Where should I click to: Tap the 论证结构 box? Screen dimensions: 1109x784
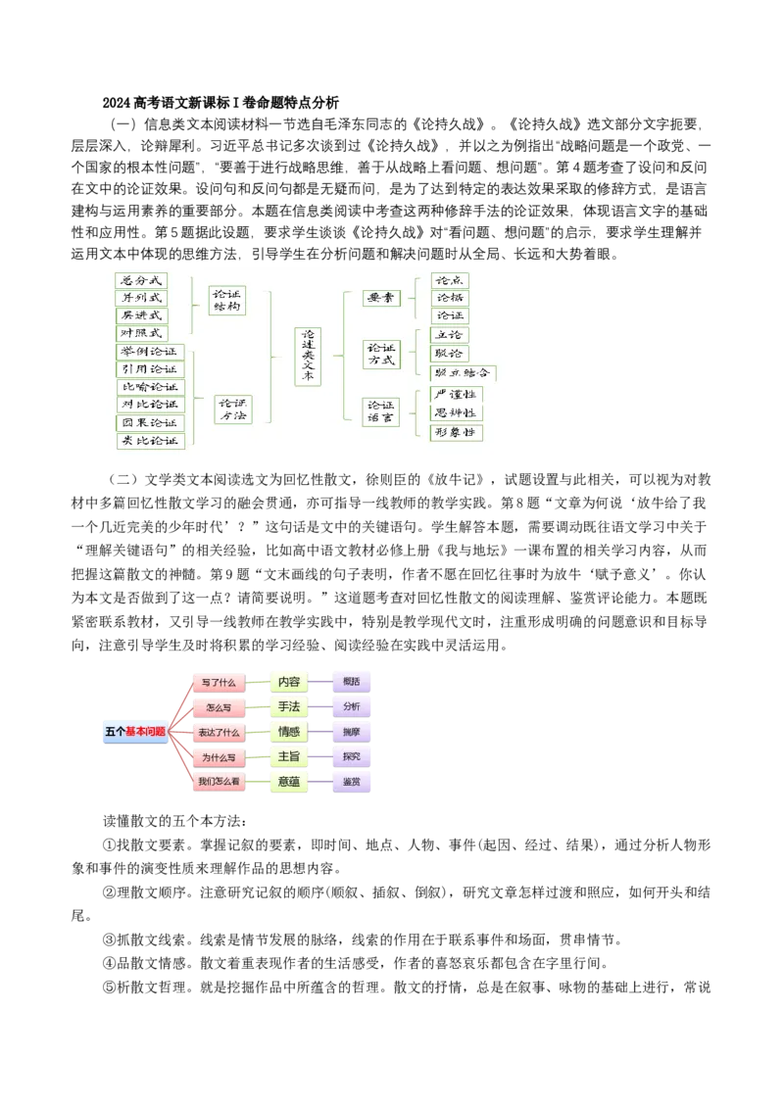[226, 300]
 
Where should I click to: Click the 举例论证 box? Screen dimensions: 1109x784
[150, 352]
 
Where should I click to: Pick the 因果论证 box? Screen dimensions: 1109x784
[150, 423]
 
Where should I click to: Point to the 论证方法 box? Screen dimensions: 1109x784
[233, 410]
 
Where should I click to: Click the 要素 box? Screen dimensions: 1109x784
[380, 298]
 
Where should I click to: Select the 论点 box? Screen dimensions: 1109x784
[451, 281]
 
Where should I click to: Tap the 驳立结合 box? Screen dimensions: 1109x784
[464, 373]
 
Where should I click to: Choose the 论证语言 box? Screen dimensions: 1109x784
[380, 411]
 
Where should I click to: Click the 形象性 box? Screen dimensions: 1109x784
[457, 432]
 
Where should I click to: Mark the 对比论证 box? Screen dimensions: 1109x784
[150, 405]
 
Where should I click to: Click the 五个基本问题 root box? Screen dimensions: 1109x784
[135, 732]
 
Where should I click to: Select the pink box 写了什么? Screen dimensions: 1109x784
[218, 682]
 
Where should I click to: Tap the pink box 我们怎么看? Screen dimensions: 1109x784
[218, 782]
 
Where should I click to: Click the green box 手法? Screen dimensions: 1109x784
[289, 706]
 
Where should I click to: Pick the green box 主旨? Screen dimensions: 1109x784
[289, 756]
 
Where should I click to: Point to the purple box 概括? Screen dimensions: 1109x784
[352, 681]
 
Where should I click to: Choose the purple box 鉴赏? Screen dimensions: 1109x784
[352, 782]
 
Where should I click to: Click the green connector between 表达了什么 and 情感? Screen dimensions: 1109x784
[257, 732]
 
